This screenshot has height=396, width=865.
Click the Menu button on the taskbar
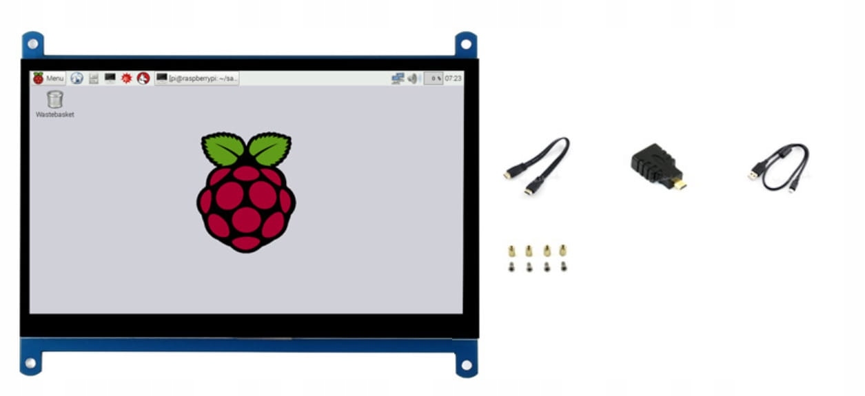(48, 79)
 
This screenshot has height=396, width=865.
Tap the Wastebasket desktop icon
(55, 100)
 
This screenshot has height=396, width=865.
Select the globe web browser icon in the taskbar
(77, 79)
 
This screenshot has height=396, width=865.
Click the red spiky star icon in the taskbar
(126, 79)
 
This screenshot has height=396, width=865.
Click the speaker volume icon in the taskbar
(412, 79)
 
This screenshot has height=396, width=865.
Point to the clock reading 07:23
(454, 79)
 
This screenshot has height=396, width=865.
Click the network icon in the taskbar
(397, 79)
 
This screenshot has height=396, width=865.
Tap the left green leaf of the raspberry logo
(223, 148)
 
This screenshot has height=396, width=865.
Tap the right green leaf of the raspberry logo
(269, 148)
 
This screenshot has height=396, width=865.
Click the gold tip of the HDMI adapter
(680, 185)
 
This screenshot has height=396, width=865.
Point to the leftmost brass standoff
(511, 250)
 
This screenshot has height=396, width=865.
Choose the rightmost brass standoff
(563, 250)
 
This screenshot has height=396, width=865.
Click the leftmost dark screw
(511, 267)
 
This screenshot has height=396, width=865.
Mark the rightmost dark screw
(563, 267)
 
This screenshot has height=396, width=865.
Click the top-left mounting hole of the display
(32, 44)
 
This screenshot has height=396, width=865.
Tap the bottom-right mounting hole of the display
(466, 364)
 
